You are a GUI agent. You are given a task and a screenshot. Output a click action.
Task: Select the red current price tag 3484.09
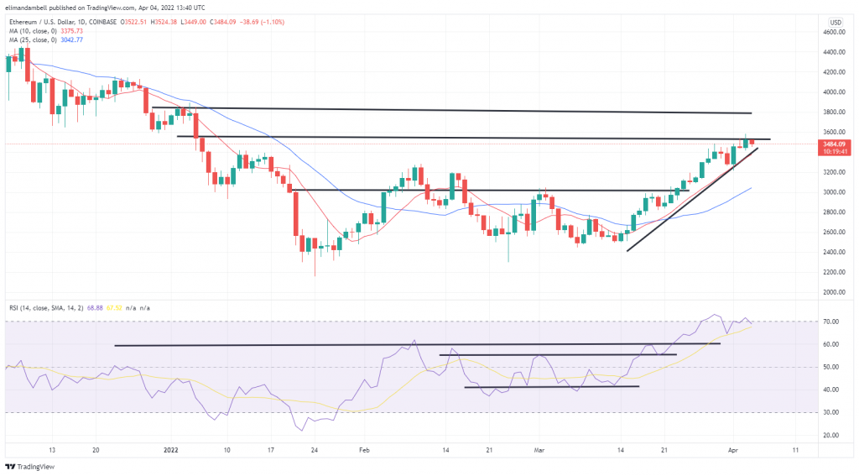[836, 144]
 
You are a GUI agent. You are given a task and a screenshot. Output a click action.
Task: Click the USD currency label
[836, 22]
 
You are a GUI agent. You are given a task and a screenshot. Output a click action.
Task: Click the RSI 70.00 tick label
[831, 322]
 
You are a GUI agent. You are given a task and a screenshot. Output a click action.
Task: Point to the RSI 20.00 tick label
[831, 435]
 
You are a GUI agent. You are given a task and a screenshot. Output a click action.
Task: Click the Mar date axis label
[537, 450]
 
